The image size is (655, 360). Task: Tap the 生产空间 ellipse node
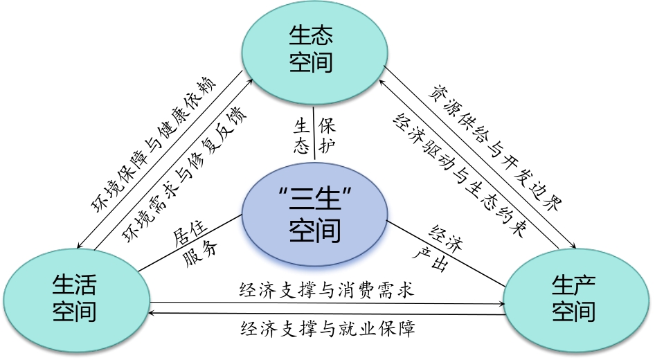click(x=574, y=298)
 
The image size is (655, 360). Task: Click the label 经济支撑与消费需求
click(x=326, y=290)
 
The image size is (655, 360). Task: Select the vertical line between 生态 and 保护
click(x=315, y=136)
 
